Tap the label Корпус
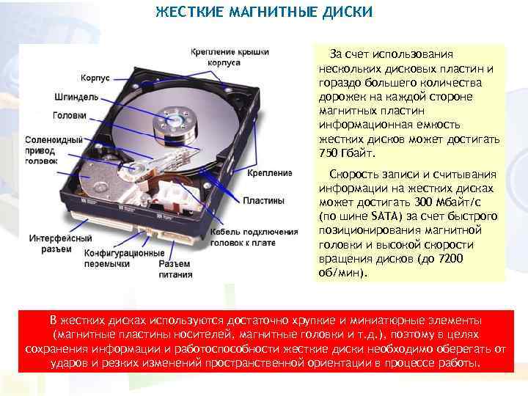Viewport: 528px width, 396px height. pyautogui.click(x=95, y=78)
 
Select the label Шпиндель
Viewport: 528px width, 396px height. pyautogui.click(x=71, y=96)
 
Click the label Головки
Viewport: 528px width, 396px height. pyautogui.click(x=70, y=115)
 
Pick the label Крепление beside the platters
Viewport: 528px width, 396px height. pyautogui.click(x=270, y=173)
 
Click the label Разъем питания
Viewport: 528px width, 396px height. pyautogui.click(x=175, y=269)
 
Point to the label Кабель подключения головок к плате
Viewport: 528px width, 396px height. pyautogui.click(x=254, y=237)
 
